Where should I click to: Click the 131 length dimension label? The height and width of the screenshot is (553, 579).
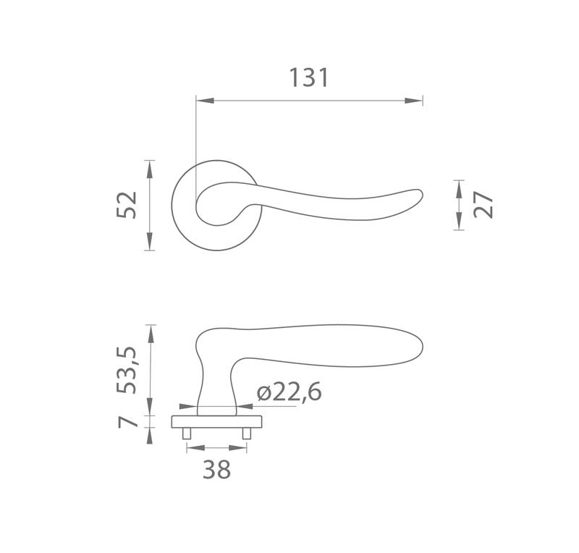click(x=309, y=77)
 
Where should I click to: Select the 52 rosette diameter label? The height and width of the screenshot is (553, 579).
click(x=127, y=205)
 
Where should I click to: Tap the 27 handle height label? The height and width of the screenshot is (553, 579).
click(x=483, y=205)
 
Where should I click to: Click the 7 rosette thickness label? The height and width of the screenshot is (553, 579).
click(x=127, y=422)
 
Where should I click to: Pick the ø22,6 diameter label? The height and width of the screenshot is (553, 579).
click(x=289, y=392)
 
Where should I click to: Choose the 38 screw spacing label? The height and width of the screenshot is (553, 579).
click(x=216, y=470)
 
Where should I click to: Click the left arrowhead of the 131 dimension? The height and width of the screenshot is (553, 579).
click(x=205, y=101)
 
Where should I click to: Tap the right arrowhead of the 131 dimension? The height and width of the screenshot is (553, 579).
click(x=413, y=101)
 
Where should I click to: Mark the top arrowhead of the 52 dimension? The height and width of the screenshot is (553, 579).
click(x=149, y=169)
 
